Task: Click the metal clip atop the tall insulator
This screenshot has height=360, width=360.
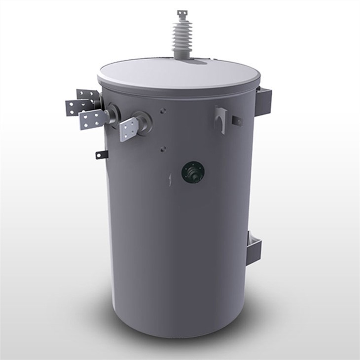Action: [x=183, y=13]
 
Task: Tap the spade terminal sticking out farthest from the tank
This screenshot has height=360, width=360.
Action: [x=74, y=107]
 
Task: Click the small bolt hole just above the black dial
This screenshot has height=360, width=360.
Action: [x=163, y=148]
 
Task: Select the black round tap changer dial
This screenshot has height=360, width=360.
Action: [x=193, y=172]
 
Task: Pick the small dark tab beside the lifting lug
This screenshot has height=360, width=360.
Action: [x=237, y=119]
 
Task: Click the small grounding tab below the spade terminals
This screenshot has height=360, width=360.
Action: [x=101, y=155]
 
